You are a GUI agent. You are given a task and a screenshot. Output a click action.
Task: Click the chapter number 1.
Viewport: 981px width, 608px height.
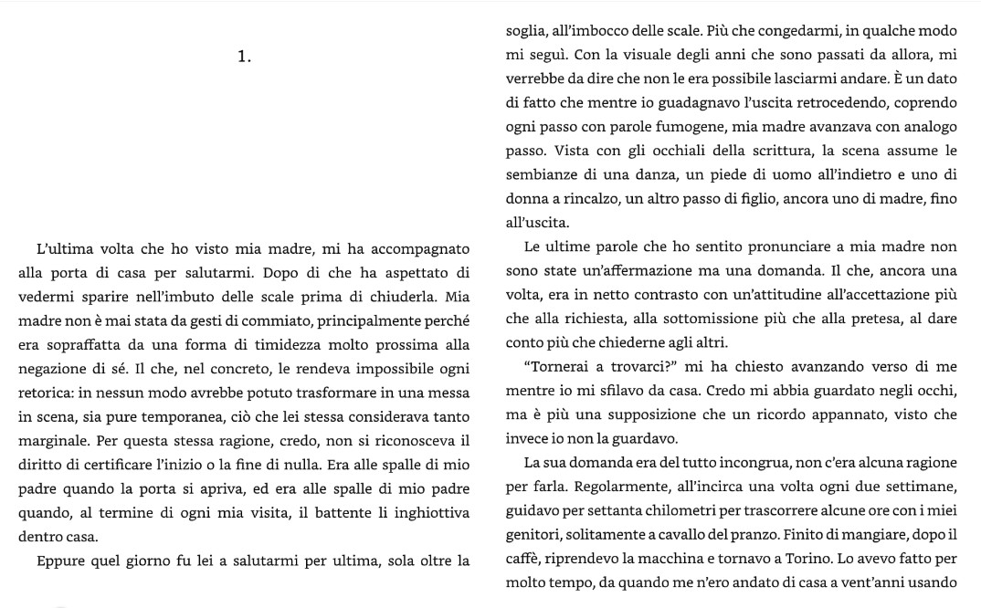tap(244, 57)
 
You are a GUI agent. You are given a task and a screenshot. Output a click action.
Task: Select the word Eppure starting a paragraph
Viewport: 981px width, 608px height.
tap(61, 560)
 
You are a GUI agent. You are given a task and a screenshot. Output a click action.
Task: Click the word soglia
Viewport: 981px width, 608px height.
tap(526, 32)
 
